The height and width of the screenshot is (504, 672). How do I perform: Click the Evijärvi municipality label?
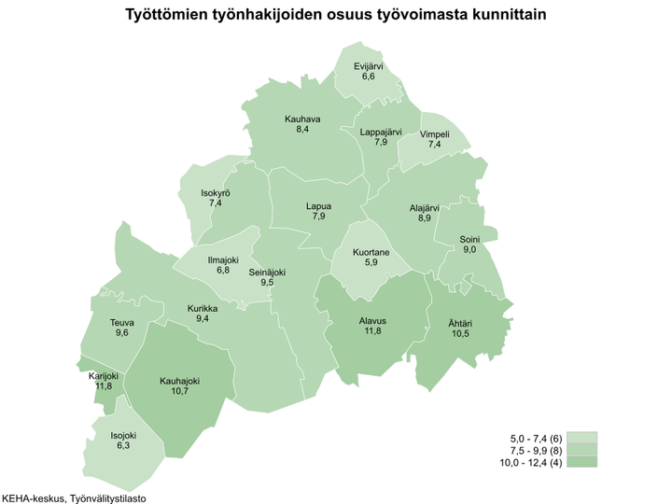[369, 65]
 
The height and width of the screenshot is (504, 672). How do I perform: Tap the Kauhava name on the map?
[302, 119]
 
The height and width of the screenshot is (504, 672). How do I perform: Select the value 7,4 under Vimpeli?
[435, 145]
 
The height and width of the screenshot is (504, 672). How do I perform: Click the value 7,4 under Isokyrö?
[216, 203]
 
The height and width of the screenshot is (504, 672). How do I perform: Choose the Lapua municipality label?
[318, 206]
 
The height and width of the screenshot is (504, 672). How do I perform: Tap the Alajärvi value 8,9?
[425, 217]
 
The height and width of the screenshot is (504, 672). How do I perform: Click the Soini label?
[469, 239]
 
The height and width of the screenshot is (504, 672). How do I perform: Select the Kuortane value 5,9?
[371, 263]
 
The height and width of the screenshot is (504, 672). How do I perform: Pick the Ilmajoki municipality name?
[223, 259]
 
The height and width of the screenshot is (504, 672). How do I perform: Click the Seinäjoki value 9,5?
[267, 282]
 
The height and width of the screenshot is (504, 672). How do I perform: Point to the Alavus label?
[372, 320]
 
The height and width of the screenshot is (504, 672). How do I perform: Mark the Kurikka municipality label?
[203, 308]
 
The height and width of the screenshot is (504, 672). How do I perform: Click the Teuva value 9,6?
[121, 333]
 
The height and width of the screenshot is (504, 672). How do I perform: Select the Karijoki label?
[104, 375]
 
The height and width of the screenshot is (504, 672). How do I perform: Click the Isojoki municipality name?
[123, 435]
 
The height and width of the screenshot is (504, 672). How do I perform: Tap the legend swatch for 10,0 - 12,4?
[582, 461]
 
